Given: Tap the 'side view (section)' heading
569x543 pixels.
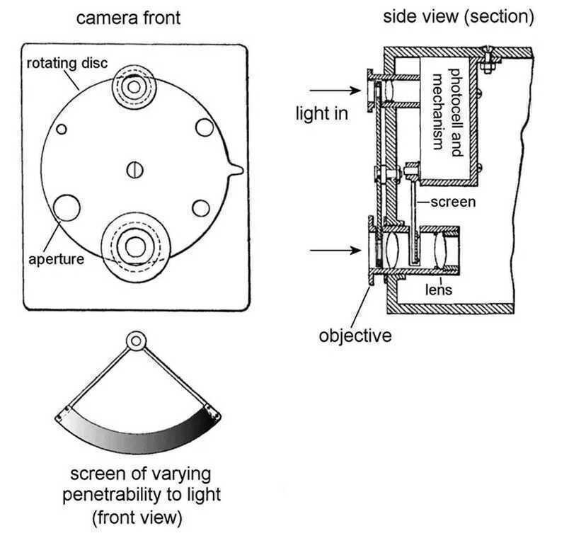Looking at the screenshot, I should coord(459,16).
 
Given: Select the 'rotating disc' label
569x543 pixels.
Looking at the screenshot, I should coord(67,64).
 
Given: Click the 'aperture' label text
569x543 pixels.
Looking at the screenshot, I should coord(56,259).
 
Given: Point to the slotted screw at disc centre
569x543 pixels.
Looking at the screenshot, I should coord(135,169).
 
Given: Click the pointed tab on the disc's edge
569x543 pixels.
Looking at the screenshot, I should coord(236,168).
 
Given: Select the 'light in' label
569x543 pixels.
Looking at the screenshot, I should coord(322,113).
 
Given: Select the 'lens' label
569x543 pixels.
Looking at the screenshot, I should coord(438,290).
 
